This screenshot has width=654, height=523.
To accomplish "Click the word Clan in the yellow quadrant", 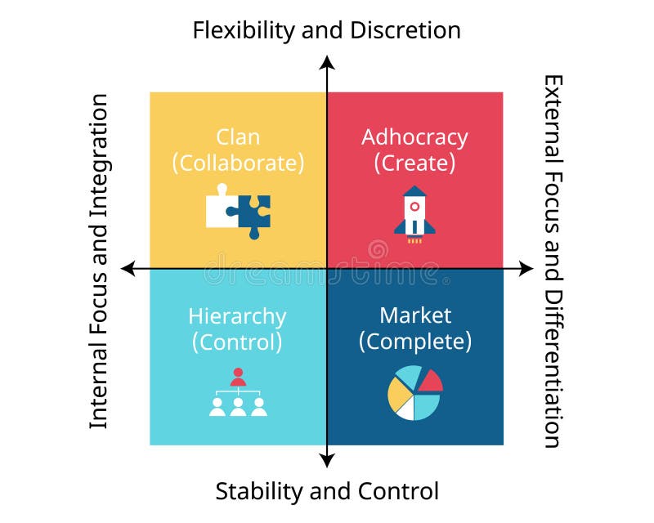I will coord(238,136).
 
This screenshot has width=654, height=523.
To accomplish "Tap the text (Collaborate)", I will coord(238,162).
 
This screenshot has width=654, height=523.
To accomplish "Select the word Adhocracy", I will coord(414,136).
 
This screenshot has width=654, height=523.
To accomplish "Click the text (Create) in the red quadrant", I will coord(414,162).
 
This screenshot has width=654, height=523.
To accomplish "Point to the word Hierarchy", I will coord(237,316).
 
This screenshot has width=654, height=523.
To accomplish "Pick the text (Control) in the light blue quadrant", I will coord(237,341).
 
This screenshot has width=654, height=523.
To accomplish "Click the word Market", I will coord(414,315).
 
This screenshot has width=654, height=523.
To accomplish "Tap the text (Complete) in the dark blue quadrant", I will coord(414,341).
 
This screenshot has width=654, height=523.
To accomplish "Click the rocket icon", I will coord(414,213).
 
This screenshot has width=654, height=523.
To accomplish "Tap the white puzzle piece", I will coord(220,208).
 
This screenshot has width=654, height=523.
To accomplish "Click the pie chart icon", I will coord(414,393).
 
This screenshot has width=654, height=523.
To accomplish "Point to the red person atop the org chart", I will coord(238,378).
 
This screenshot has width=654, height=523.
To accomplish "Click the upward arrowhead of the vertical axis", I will coord(327,62).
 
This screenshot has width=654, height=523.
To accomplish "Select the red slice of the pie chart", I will coord(431,381).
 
